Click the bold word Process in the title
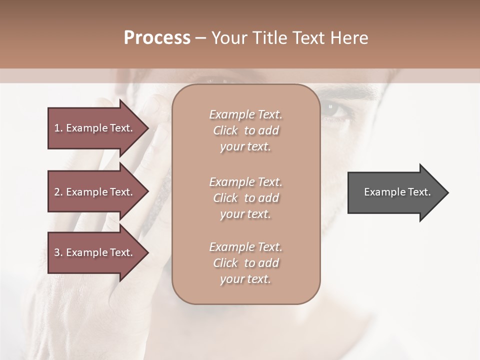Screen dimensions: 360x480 click(x=157, y=38)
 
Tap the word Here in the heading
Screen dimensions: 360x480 click(x=348, y=38)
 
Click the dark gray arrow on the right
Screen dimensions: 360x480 click(x=395, y=192)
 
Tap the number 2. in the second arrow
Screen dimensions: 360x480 click(x=58, y=192)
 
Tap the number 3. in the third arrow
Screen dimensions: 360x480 click(x=58, y=252)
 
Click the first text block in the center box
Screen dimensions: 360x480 click(x=245, y=130)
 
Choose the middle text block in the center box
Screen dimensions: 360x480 click(x=245, y=198)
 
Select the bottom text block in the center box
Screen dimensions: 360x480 click(x=245, y=263)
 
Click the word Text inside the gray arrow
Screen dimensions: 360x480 click(x=419, y=192)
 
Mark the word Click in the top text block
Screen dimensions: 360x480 click(x=225, y=130)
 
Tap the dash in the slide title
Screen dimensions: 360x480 click(x=200, y=38)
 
